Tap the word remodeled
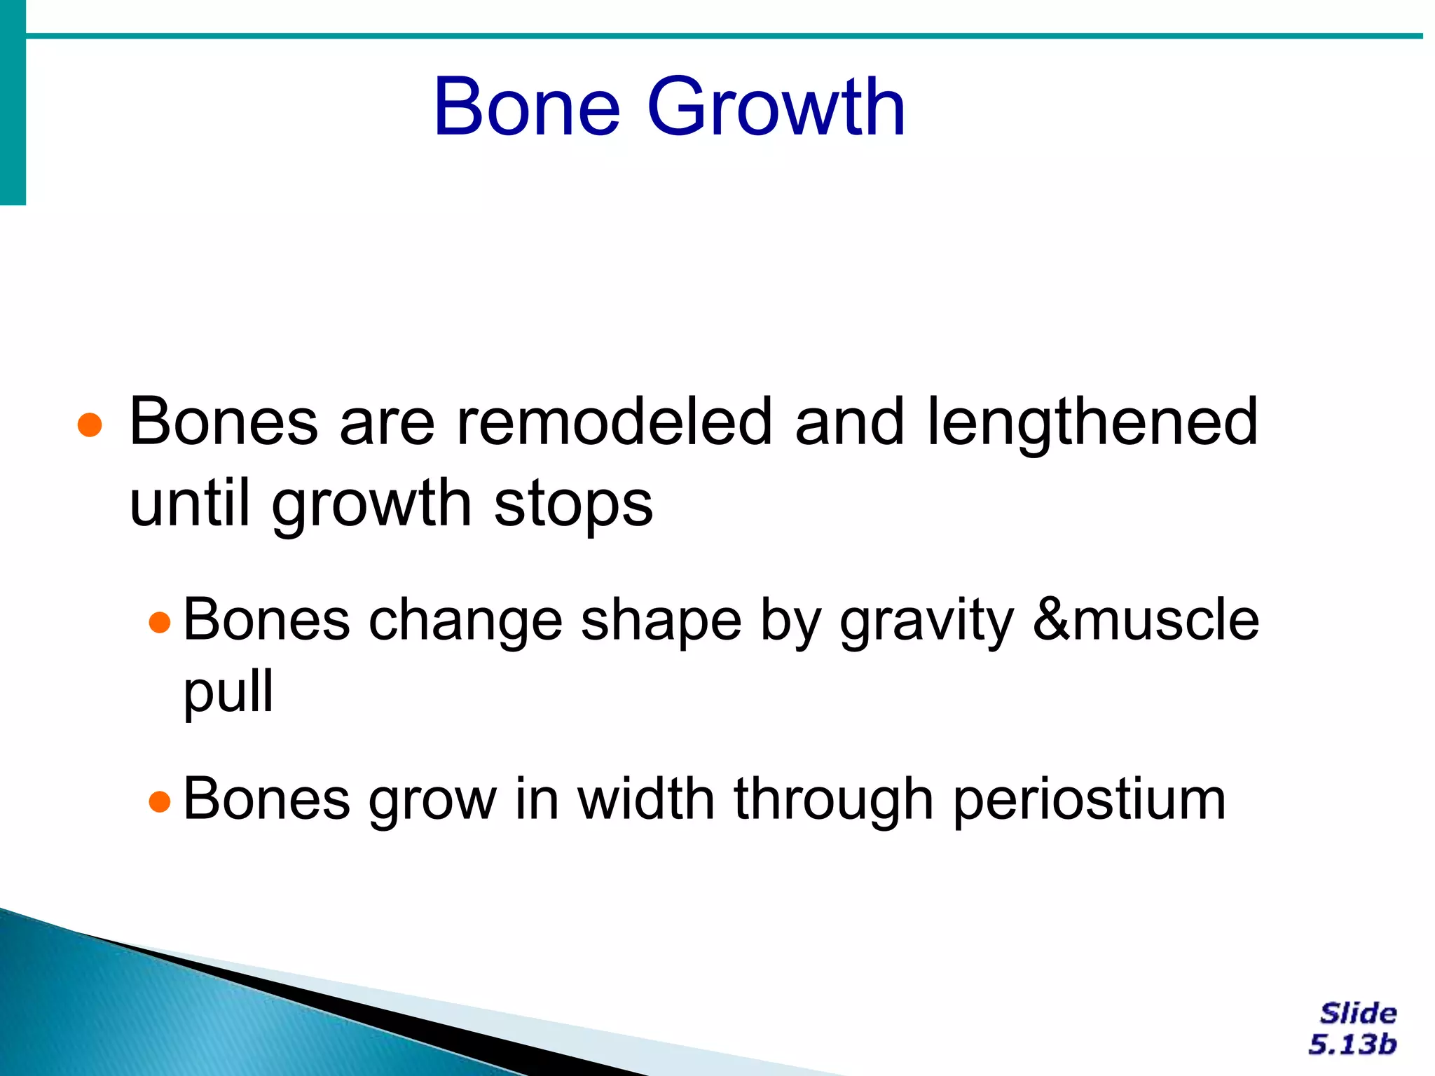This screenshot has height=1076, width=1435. pyautogui.click(x=614, y=422)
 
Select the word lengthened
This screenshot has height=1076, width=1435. pyautogui.click(x=1093, y=423)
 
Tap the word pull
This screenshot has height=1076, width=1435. pyautogui.click(x=228, y=692)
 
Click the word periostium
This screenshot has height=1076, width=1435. pyautogui.click(x=1089, y=800)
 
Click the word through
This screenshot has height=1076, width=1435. pyautogui.click(x=833, y=800)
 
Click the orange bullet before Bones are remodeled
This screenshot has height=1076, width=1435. pyautogui.click(x=90, y=425)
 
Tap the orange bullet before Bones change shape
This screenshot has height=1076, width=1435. pyautogui.click(x=160, y=622)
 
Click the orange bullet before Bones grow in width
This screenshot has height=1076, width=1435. pyautogui.click(x=160, y=801)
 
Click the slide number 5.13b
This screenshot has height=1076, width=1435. pyautogui.click(x=1352, y=1044)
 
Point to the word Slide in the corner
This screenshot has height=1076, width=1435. pyautogui.click(x=1358, y=1014)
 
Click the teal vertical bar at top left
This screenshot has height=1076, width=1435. pyautogui.click(x=13, y=102)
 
